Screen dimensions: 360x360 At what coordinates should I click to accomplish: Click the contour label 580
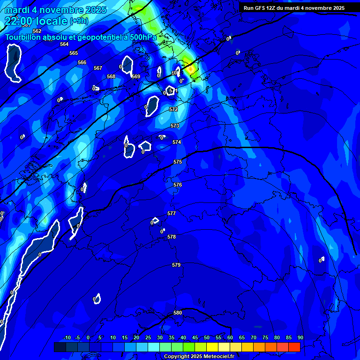pos(178,313)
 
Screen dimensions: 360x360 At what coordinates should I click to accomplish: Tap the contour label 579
pos(176,265)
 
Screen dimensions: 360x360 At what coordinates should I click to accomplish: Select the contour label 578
pos(172,237)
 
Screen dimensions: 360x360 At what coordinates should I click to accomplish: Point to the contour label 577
pos(172,213)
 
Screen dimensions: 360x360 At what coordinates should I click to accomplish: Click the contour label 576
pos(178,185)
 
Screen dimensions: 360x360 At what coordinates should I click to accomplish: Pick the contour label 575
pos(178,162)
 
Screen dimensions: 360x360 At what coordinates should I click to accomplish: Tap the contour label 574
pos(177,142)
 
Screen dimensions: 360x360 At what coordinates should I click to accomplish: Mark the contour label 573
pos(175,126)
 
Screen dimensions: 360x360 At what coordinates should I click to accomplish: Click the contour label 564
pos(64,44)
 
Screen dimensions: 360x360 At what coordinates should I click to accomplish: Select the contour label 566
pos(82,62)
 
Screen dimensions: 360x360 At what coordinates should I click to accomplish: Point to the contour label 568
pos(111,76)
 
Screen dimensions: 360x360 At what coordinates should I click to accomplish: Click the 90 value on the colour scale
pos(300,337)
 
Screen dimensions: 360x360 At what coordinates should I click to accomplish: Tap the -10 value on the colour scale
pos(67,337)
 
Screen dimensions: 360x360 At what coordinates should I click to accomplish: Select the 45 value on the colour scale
pos(195,337)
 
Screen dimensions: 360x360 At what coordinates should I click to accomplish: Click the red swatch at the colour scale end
pos(294,347)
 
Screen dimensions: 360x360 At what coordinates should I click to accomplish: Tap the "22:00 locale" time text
pos(36,21)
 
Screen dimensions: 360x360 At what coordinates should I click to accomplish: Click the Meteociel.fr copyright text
pos(199,356)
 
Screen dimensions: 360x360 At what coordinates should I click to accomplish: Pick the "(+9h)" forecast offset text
pos(78,21)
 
